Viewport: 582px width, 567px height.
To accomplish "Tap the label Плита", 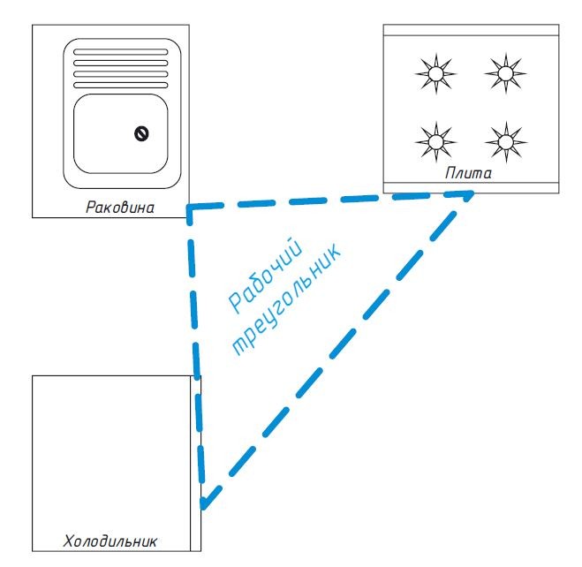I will pyautogui.click(x=468, y=174).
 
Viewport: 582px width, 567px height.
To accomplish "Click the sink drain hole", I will pyautogui.click(x=140, y=133).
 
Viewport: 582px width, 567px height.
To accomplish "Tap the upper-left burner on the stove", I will pyautogui.click(x=434, y=72).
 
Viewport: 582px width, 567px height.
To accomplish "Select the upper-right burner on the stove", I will pyautogui.click(x=503, y=72).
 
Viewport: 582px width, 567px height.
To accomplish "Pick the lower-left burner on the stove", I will pyautogui.click(x=434, y=139).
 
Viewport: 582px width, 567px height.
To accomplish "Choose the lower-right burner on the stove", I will pyautogui.click(x=503, y=139).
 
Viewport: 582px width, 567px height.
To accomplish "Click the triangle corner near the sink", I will pyautogui.click(x=190, y=209).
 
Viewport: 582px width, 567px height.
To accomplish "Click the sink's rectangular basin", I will pyautogui.click(x=119, y=132).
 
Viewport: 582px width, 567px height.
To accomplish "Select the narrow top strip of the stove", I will pyautogui.click(x=471, y=30).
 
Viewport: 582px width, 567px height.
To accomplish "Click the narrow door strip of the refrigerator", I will pyautogui.click(x=196, y=459).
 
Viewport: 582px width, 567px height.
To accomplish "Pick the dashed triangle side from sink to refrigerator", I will pyautogui.click(x=196, y=353).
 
